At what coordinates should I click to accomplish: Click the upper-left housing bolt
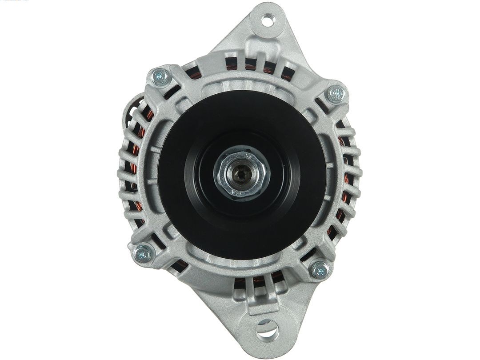click(160, 77)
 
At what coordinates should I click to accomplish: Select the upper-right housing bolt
click(336, 94)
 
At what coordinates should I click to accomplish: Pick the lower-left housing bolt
click(143, 253)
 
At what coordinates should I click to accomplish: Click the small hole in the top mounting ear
click(267, 20)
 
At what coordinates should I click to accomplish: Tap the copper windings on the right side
click(345, 178)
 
